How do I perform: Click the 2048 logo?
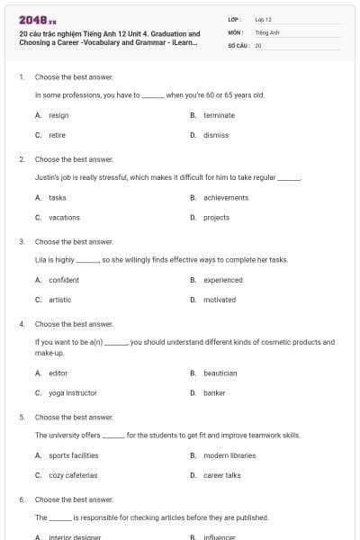coord(33,20)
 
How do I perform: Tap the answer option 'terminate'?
coord(219,115)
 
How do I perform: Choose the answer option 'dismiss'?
coord(216,135)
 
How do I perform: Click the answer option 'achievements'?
coord(226,197)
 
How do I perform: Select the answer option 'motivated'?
coord(220,300)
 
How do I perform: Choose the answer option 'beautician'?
coord(220,373)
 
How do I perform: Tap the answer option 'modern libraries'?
coord(229,455)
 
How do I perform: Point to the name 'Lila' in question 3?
coord(40,259)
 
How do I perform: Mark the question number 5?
coord(22,418)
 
